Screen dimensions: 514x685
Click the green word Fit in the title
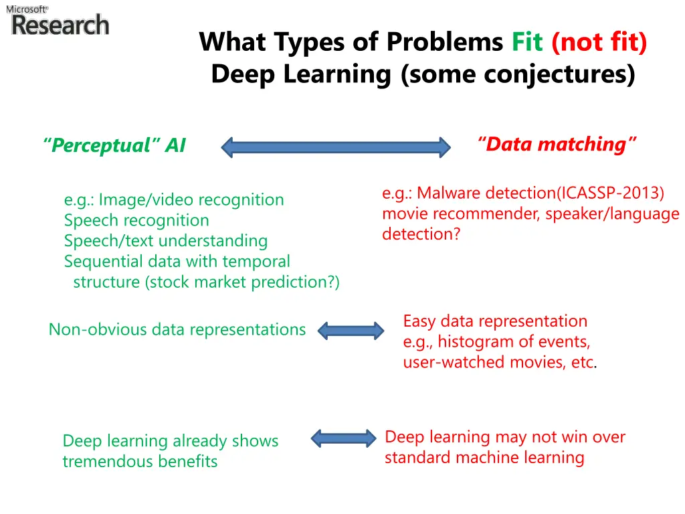527,42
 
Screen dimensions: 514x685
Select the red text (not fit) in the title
599,42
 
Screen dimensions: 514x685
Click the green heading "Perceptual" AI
114,145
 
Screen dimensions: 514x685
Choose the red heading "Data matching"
557,144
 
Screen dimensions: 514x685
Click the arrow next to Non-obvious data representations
351,330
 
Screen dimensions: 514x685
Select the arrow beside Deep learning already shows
344,438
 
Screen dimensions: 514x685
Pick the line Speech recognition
136,220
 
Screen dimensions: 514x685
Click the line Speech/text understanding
166,241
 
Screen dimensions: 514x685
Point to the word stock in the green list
165,282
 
